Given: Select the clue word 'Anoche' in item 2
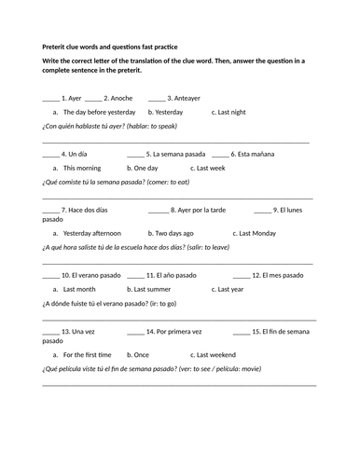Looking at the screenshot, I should point(122,98).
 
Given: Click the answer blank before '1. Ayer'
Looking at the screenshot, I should point(50,99).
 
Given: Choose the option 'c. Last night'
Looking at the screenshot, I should point(228,112).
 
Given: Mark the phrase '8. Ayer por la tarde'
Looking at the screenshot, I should point(198,210).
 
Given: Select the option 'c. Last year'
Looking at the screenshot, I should point(228,289).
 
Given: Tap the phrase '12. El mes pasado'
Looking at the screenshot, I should point(279,275).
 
